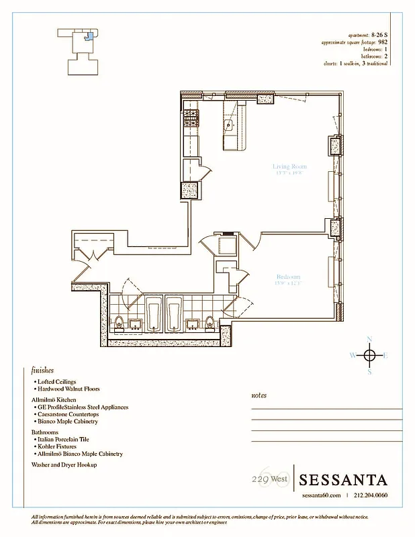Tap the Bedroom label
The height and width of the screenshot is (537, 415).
tap(288, 277)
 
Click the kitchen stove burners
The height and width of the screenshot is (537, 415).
tap(191, 120)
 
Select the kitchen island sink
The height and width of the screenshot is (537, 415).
tap(229, 124)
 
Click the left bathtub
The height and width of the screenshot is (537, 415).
tap(154, 313)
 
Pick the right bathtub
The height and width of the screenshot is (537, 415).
tap(174, 313)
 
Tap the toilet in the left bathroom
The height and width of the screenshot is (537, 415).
tap(119, 322)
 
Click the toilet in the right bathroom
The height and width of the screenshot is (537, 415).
tap(210, 322)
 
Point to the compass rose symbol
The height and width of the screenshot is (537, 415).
tap(369, 354)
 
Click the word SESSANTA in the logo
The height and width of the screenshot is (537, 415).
tap(342, 480)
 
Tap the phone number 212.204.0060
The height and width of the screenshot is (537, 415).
tap(371, 495)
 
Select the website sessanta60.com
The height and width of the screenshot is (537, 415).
tap(323, 495)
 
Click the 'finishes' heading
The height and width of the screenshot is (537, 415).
tap(42, 370)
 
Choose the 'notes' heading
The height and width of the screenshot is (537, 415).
tap(259, 396)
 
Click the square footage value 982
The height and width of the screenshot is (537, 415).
tap(383, 42)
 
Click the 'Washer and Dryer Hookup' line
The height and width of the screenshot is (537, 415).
tap(64, 465)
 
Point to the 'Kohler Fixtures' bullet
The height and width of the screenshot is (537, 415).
tap(60, 446)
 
